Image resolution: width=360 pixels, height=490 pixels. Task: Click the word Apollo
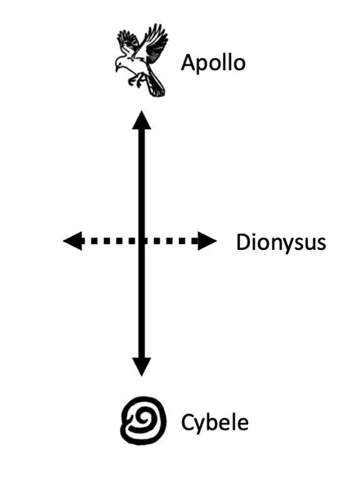(213, 63)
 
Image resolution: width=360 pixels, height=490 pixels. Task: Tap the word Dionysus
(281, 243)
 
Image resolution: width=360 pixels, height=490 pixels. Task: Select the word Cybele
(215, 422)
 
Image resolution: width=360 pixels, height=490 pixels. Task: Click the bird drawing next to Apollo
(141, 60)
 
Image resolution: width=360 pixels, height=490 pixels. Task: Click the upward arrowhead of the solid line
(141, 120)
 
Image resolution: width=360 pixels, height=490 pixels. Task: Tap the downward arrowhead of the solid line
(141, 367)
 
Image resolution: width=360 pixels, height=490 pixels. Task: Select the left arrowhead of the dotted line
(73, 241)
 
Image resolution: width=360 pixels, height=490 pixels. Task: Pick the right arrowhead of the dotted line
(207, 241)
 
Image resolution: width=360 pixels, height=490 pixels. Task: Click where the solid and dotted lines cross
(141, 241)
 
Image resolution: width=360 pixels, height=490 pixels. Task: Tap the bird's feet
(136, 80)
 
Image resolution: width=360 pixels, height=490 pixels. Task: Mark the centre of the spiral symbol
(143, 421)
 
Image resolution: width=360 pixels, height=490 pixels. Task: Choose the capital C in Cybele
(188, 422)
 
